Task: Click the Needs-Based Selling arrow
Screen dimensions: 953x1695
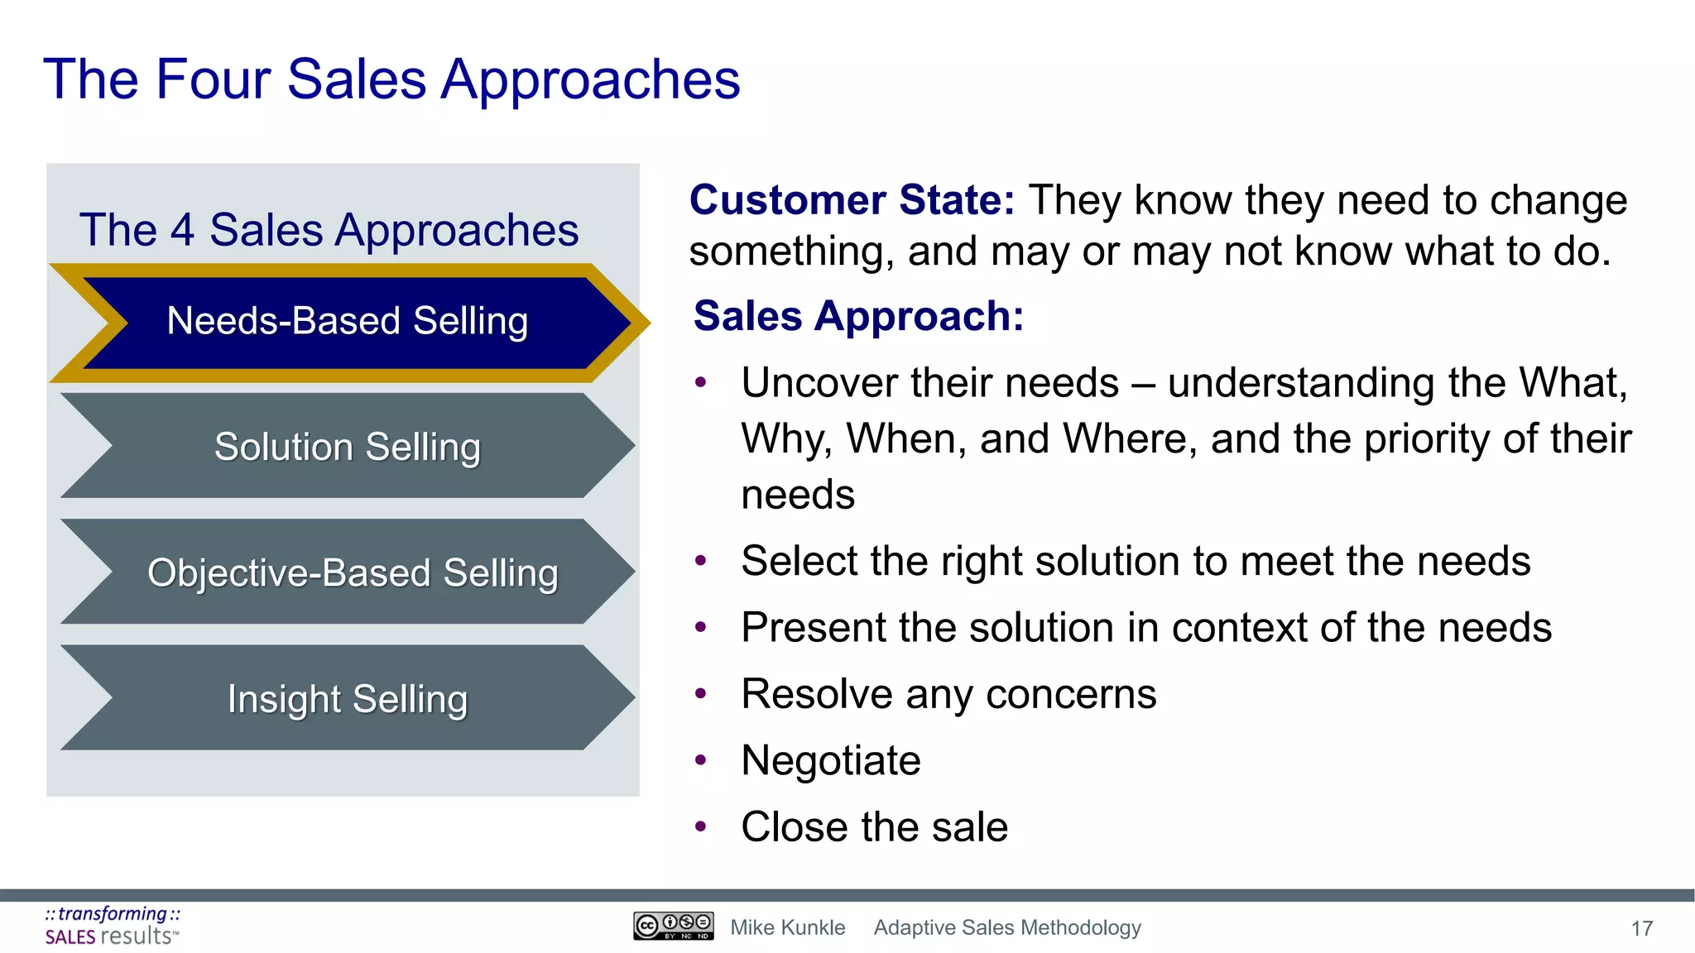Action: [x=348, y=322]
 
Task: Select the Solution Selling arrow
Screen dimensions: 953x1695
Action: [x=348, y=447]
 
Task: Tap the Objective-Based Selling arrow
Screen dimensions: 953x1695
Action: [x=352, y=572]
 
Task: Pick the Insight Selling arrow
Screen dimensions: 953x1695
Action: [x=348, y=699]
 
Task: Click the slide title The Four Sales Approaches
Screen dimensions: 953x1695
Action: [x=391, y=79]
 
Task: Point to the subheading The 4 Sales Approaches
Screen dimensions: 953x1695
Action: [x=329, y=229]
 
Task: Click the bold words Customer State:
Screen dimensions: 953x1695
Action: [x=852, y=200]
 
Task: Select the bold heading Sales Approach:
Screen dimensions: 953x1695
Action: [x=858, y=316]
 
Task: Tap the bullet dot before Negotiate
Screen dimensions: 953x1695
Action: [x=701, y=759]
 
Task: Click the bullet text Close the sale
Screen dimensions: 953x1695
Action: [x=874, y=826]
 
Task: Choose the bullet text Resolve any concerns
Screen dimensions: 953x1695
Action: [x=948, y=693]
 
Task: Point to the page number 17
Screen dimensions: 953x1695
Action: [x=1641, y=928]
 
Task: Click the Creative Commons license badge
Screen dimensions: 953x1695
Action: [x=673, y=926]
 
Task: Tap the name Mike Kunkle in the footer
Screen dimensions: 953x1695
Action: [x=787, y=927]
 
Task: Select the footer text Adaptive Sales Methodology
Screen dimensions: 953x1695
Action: [x=1007, y=927]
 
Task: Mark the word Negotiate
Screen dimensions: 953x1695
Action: [x=830, y=759]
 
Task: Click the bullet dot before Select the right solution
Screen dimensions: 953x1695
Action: [x=701, y=561]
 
